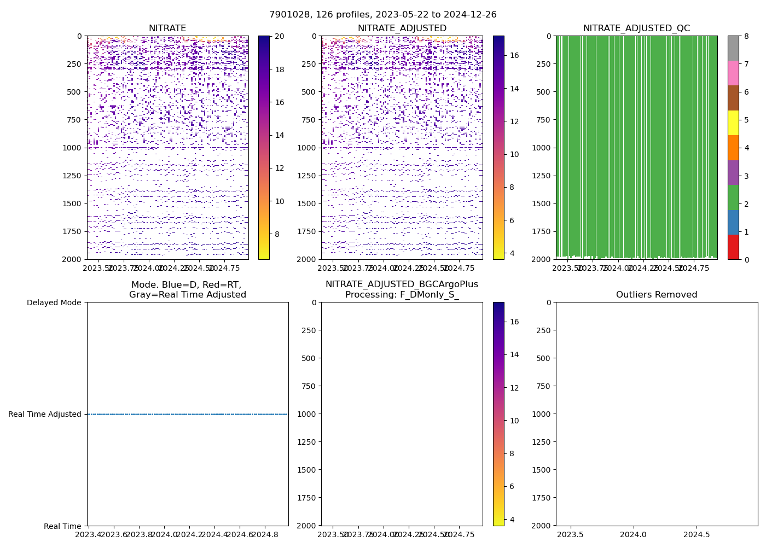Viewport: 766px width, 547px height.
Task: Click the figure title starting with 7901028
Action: tap(383, 15)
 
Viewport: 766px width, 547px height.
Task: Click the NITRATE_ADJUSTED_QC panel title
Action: tap(636, 28)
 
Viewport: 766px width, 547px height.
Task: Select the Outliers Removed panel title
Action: tap(657, 295)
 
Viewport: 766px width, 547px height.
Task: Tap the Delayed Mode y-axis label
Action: tap(54, 302)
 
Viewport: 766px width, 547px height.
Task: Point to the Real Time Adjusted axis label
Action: tap(45, 414)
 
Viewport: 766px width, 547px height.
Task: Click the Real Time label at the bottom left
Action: tap(62, 526)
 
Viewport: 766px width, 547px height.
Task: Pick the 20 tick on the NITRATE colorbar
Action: tap(279, 36)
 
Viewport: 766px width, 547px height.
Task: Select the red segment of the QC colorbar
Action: tap(733, 247)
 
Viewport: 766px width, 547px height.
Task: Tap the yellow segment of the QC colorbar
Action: tap(733, 123)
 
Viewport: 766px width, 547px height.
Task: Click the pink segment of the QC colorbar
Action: tap(733, 73)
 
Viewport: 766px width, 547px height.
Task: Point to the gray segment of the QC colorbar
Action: tap(733, 48)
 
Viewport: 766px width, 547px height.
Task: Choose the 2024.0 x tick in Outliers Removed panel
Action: tap(635, 534)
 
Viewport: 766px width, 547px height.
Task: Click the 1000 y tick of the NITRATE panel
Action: tap(72, 148)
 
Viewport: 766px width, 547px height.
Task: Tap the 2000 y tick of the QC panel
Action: tap(541, 259)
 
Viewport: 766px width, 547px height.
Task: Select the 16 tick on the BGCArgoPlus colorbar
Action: tap(514, 322)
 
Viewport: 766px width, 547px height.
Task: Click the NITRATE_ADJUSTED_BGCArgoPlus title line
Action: tap(402, 284)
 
